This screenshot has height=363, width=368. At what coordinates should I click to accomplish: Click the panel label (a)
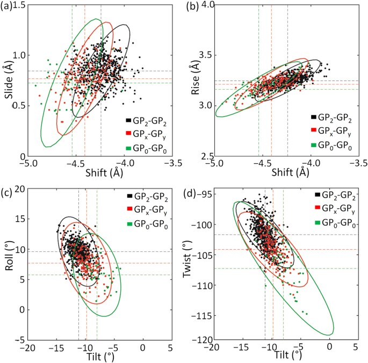coord(8,7)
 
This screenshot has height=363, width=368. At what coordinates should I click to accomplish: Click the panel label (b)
coord(191,7)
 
